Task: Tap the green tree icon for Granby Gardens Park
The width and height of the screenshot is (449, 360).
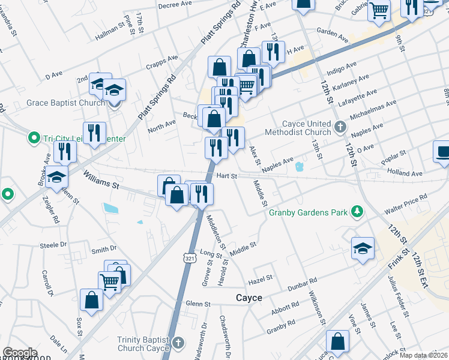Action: tap(357, 211)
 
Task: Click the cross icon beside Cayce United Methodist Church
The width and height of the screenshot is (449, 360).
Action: tap(340, 127)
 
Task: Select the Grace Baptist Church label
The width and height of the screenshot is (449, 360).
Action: tap(66, 103)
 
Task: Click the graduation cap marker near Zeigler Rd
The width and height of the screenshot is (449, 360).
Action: tap(56, 178)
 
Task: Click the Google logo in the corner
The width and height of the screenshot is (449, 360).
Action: tap(20, 353)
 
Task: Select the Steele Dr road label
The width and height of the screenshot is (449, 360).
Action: tap(53, 245)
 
